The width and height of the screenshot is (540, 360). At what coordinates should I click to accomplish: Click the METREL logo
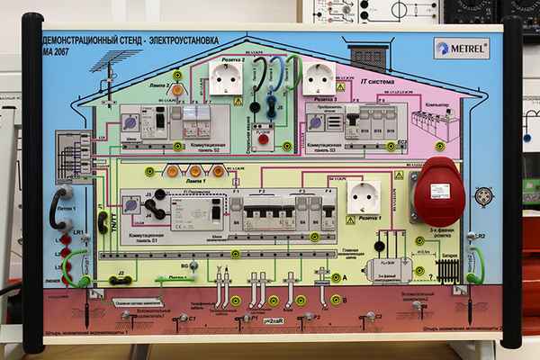[461, 48]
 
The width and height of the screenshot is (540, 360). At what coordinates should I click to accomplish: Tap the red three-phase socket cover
[442, 190]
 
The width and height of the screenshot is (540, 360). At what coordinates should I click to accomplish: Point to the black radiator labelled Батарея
[446, 268]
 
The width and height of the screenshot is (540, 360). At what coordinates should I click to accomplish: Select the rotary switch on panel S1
[132, 206]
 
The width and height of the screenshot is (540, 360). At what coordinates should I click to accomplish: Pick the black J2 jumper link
[121, 280]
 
